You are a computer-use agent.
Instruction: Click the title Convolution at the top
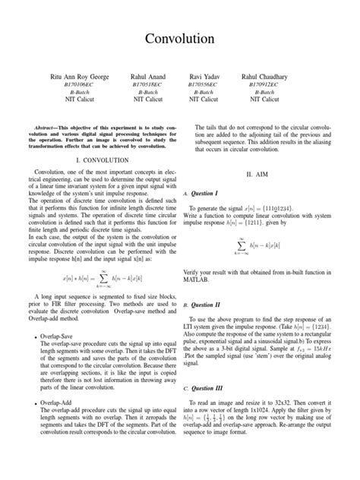click(180, 39)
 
